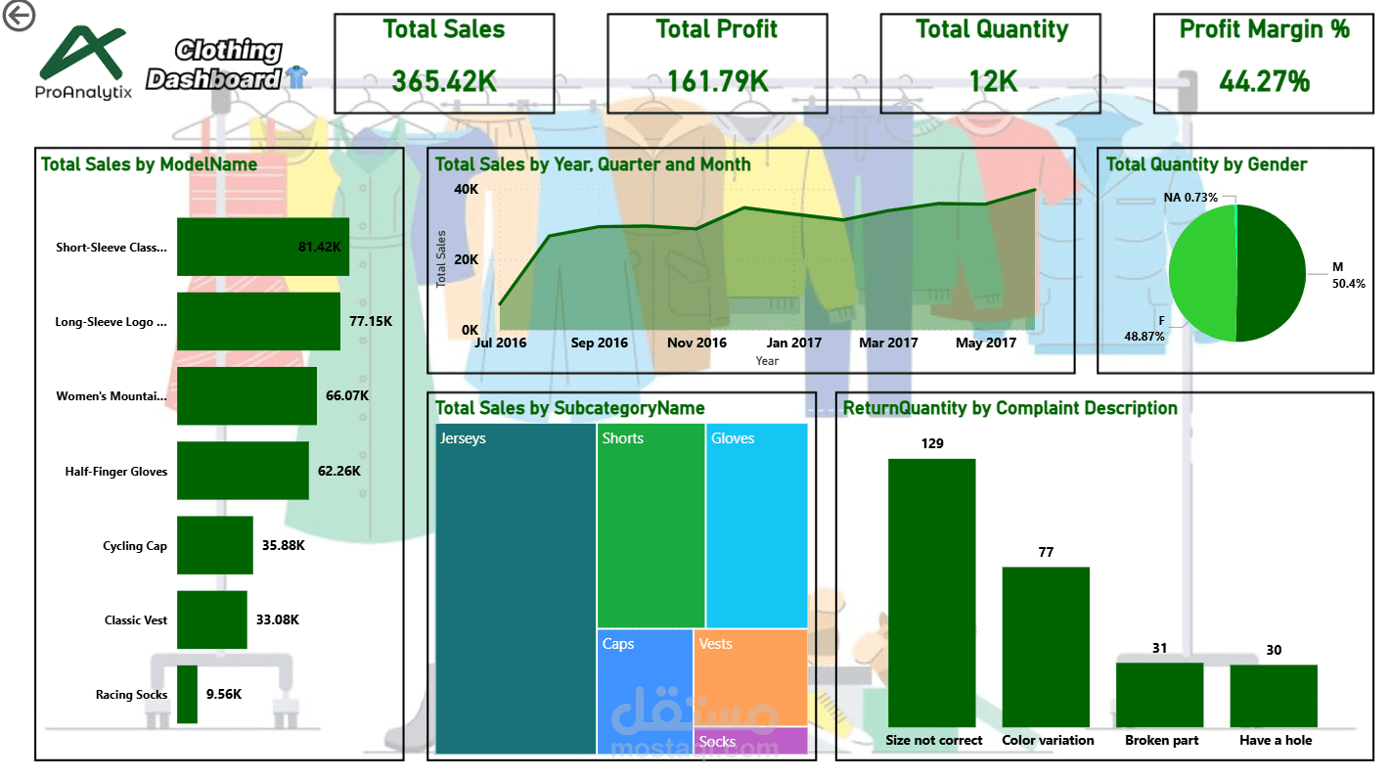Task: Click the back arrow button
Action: point(19,16)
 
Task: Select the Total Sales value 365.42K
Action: point(444,81)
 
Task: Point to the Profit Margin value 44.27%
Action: point(1264,81)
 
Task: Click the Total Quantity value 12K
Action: point(991,81)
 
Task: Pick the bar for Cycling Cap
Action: point(214,546)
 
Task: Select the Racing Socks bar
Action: point(187,695)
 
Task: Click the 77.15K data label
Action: point(371,321)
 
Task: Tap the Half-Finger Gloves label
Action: point(116,472)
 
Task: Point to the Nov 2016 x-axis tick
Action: point(696,344)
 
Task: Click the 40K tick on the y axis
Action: point(466,189)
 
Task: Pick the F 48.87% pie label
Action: point(1145,328)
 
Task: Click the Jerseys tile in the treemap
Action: point(516,587)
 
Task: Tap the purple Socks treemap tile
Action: point(750,741)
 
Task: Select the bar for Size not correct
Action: point(931,592)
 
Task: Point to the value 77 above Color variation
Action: point(1046,552)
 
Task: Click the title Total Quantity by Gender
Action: point(1206,164)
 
